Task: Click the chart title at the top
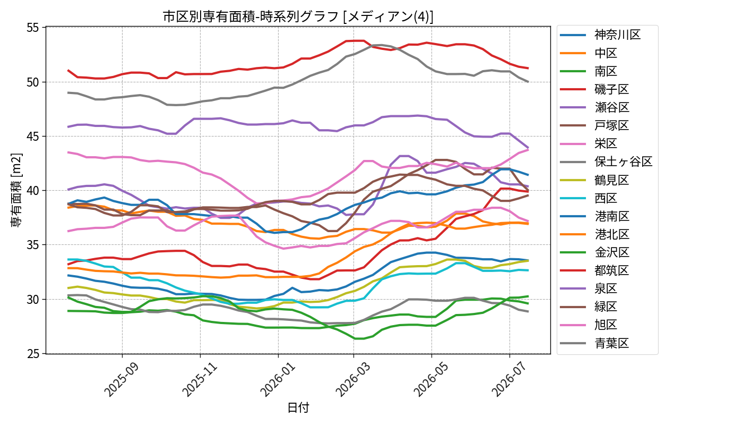[x=298, y=16]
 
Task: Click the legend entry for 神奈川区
[x=600, y=35]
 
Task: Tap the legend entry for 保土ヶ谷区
[x=606, y=161]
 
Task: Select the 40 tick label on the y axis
[x=33, y=191]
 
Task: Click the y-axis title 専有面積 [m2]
[x=16, y=190]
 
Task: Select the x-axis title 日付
[x=298, y=408]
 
